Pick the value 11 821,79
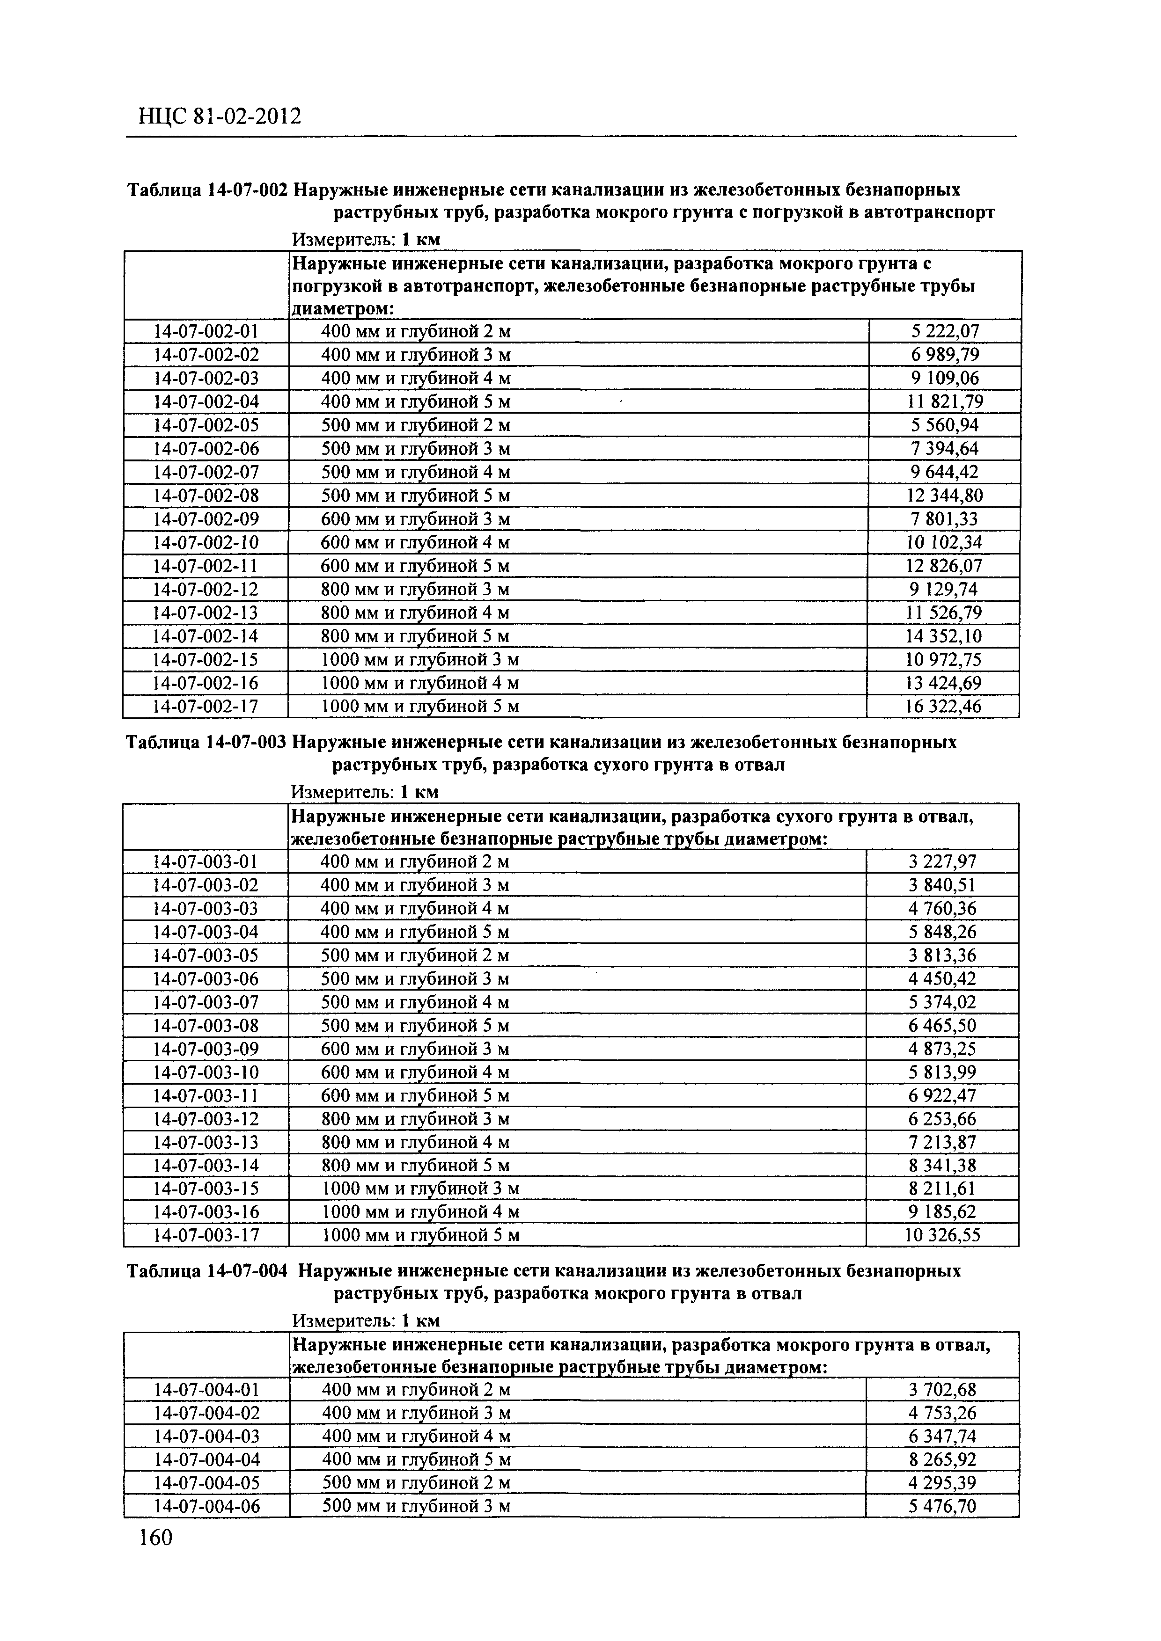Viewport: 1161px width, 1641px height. pos(944,401)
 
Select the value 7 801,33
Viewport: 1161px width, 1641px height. pos(944,519)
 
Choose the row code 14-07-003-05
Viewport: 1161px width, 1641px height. pos(206,955)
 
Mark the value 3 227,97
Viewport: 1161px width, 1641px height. pos(942,862)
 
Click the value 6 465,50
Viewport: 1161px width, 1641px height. pos(942,1026)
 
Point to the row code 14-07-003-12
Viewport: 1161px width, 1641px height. pos(206,1119)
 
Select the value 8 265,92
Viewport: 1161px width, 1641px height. pos(942,1460)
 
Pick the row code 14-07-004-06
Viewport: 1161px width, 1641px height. pos(206,1507)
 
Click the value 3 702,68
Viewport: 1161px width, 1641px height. pos(942,1390)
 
